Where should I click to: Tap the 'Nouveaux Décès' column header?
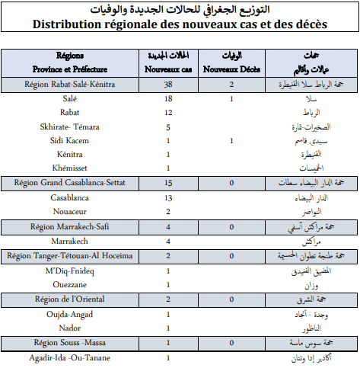[231, 69]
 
